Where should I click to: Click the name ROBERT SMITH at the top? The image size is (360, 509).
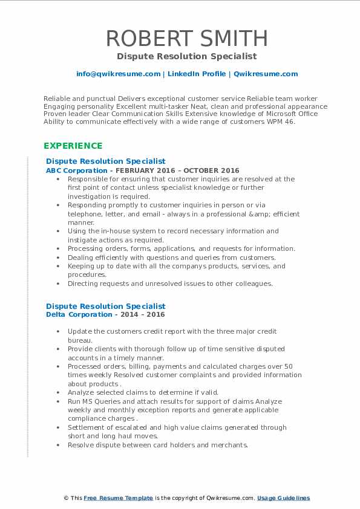tap(187, 38)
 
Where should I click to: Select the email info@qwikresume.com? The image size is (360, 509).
tap(118, 74)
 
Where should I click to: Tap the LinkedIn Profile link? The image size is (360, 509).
tap(197, 74)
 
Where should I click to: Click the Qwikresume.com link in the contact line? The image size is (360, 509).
tap(266, 74)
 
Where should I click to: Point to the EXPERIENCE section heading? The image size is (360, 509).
tap(73, 146)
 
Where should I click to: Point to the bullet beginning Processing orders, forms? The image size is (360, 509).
tap(182, 248)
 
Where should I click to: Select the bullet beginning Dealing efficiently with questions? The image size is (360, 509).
tap(172, 258)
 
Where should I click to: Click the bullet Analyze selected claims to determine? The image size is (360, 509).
tap(143, 392)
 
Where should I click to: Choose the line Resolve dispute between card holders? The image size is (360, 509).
tap(158, 445)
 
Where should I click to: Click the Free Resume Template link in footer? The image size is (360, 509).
tap(119, 498)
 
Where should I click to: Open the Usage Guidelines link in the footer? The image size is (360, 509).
tap(283, 498)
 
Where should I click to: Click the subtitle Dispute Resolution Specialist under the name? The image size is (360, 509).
tap(187, 56)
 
